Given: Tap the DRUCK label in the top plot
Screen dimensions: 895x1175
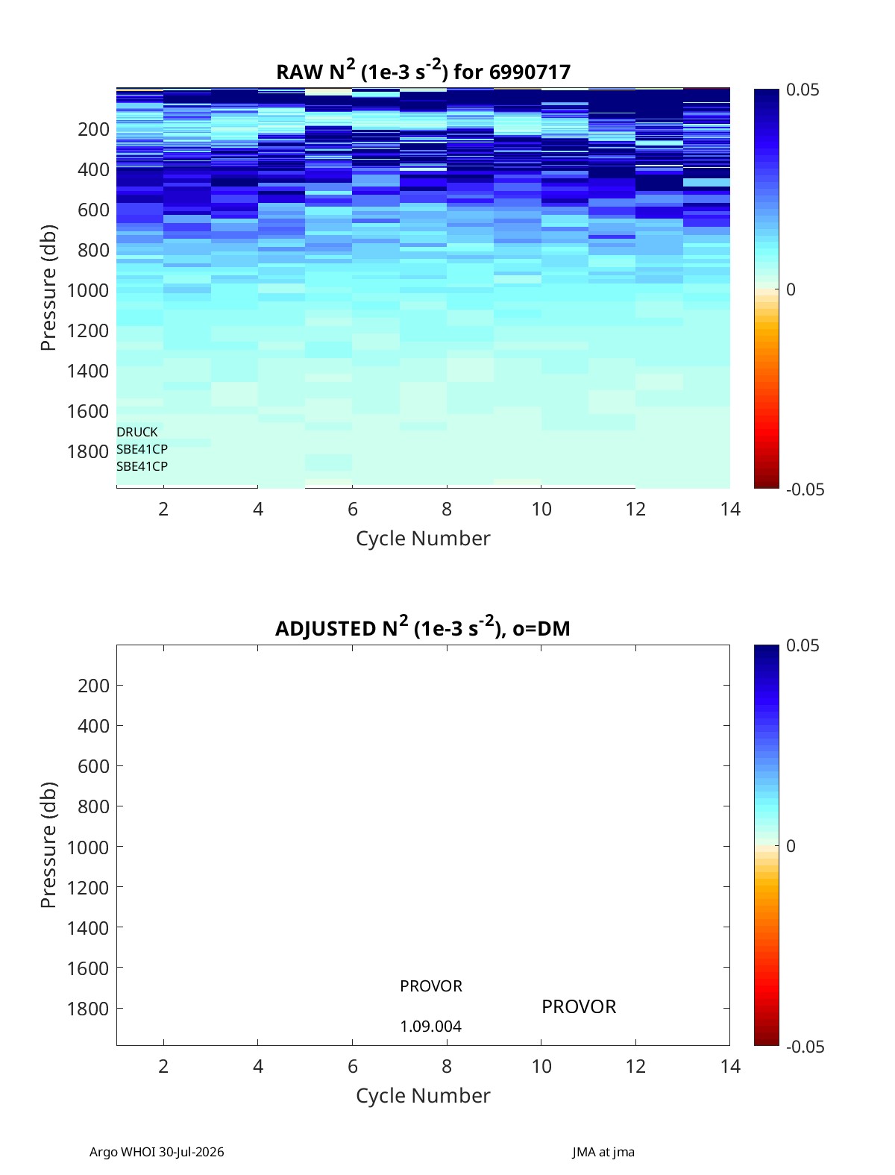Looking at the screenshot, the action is (137, 431).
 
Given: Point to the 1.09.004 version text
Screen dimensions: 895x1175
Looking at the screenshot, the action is (430, 1027).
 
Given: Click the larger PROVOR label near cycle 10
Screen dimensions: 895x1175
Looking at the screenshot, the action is (578, 1006).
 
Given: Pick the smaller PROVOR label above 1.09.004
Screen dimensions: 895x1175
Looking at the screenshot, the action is (430, 986).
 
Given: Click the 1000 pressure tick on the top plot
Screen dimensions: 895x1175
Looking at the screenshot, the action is (88, 290).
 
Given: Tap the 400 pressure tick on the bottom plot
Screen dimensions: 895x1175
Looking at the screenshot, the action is (93, 726).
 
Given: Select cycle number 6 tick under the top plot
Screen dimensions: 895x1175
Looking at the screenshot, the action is (352, 509).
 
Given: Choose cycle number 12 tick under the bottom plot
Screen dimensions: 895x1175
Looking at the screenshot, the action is (635, 1066).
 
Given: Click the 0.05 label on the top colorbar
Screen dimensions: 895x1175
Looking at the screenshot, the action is (803, 90).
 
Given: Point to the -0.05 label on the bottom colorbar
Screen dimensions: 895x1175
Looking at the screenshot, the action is (805, 1047).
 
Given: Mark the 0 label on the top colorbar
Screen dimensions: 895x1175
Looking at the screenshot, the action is (791, 289).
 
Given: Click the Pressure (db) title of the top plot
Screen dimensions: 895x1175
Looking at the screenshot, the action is (48, 287).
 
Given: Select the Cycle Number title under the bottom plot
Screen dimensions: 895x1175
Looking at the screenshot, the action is (423, 1095).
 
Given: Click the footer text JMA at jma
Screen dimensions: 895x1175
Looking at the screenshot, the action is (603, 1151).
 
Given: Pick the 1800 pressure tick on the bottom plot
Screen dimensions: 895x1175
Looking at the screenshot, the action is (88, 1009).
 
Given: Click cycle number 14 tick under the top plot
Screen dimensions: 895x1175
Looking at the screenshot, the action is (729, 509).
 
